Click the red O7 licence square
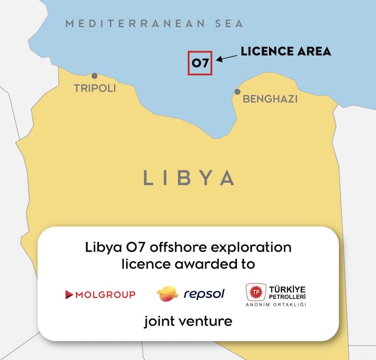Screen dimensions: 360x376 tap(200, 63)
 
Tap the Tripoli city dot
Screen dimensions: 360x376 tap(95, 76)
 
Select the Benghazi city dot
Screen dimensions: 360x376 tap(237, 92)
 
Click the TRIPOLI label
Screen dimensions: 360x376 tap(95, 88)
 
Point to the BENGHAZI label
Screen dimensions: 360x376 tap(270, 99)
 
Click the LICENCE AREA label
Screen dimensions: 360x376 tap(285, 52)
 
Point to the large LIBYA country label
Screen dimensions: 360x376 tap(189, 178)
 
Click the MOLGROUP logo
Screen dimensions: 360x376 tap(100, 294)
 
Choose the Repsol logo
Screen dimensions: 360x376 tap(191, 293)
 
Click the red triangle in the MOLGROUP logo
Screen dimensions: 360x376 tap(69, 294)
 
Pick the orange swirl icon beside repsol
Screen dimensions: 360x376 tap(167, 293)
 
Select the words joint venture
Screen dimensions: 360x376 tap(188, 322)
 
